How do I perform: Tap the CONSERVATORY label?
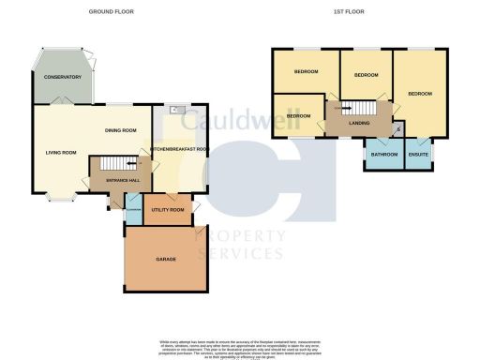click(62, 77)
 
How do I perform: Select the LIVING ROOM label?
click(61, 152)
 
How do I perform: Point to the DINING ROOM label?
click(122, 130)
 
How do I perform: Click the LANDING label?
click(357, 123)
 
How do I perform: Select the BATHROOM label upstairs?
click(384, 155)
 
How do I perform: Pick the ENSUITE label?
click(418, 155)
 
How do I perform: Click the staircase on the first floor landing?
click(346, 109)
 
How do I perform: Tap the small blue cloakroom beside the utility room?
click(132, 210)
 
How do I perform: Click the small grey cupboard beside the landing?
click(398, 129)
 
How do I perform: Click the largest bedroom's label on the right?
click(420, 94)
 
